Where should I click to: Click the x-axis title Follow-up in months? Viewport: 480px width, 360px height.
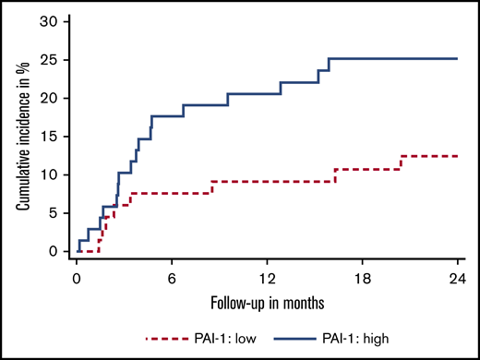(267, 301)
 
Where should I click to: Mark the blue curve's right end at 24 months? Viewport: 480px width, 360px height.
(458, 58)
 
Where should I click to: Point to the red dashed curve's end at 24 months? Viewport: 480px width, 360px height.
(458, 156)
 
